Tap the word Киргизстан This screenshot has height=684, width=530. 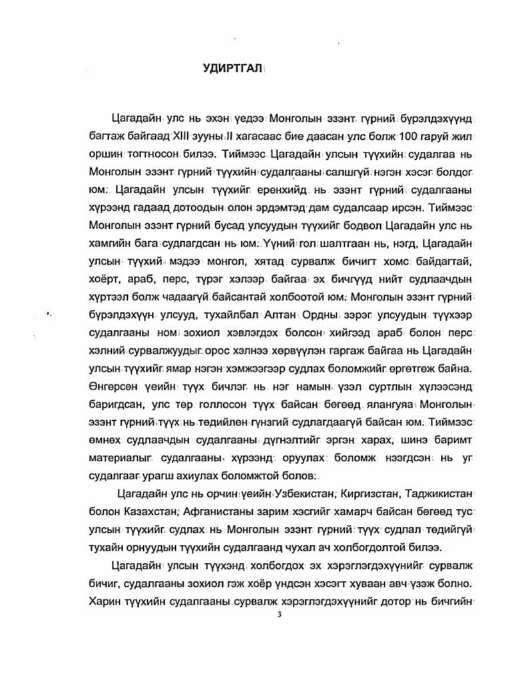pyautogui.click(x=369, y=493)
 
